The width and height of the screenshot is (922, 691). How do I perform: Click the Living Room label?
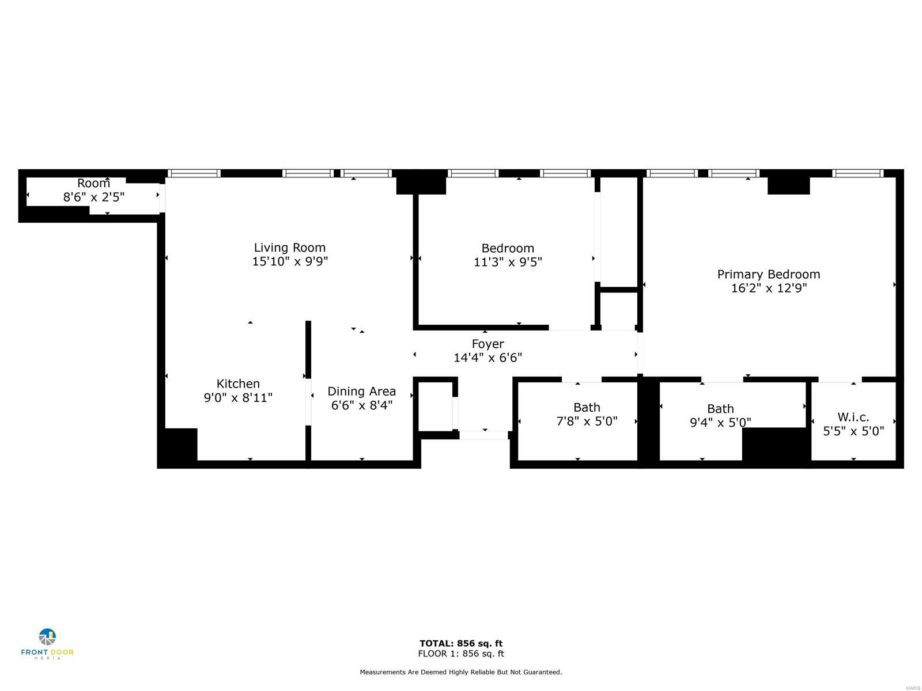(x=289, y=248)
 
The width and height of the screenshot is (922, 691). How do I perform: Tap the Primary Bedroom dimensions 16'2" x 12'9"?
(x=769, y=288)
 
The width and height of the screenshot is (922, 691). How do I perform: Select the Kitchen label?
(x=238, y=384)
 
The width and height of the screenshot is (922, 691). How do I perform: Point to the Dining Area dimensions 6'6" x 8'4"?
(x=362, y=405)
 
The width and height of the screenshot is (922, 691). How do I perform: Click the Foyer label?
(x=488, y=344)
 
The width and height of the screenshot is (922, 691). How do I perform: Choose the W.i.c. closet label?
(x=853, y=417)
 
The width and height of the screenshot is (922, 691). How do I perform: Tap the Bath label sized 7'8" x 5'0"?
(x=587, y=407)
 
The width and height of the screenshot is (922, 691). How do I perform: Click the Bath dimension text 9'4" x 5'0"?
(x=720, y=422)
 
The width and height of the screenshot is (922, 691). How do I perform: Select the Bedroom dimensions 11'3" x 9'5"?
(x=508, y=262)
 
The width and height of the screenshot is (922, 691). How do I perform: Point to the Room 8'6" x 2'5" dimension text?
(x=94, y=197)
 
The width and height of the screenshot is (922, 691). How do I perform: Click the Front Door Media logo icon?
(x=47, y=637)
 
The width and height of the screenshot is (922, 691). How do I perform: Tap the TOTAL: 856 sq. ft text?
(x=461, y=643)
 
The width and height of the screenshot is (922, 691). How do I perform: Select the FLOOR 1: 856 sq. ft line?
(x=461, y=653)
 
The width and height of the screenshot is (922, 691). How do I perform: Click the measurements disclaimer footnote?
(x=461, y=672)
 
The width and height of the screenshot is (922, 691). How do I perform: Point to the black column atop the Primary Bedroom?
(x=788, y=185)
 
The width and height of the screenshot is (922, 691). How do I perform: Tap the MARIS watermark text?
(x=913, y=689)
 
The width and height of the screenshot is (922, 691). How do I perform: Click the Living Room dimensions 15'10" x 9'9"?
(x=290, y=261)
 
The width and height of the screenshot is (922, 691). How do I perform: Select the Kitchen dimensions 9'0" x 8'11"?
(x=238, y=397)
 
